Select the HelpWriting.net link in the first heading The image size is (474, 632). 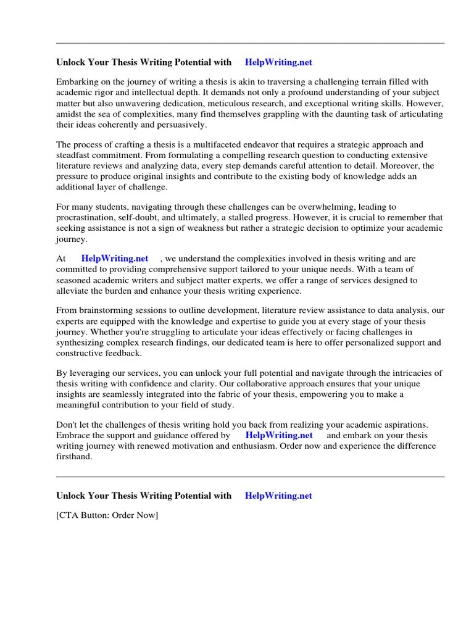[278, 62]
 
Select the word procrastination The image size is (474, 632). [84, 218]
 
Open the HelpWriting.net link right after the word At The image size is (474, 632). [115, 259]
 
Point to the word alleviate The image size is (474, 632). [73, 291]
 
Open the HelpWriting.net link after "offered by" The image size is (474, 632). [279, 436]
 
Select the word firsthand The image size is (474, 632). [75, 457]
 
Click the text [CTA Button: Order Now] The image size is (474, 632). [107, 515]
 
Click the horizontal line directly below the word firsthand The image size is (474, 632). [250, 476]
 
